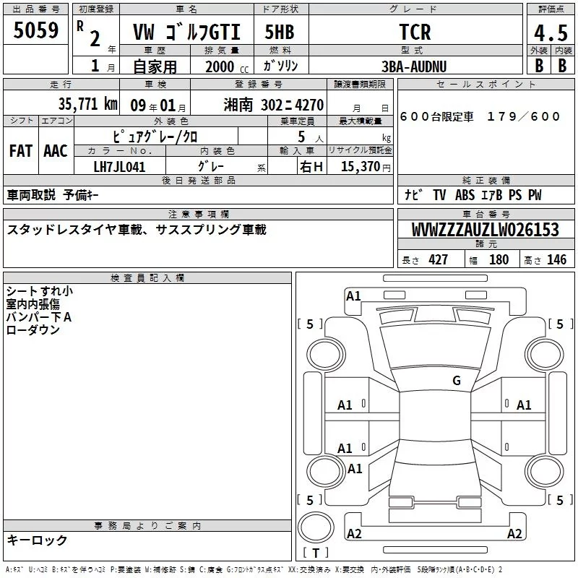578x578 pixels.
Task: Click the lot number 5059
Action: (x=35, y=30)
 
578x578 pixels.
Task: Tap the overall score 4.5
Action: (x=551, y=33)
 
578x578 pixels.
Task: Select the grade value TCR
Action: (x=415, y=32)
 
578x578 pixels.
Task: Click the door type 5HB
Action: (x=280, y=32)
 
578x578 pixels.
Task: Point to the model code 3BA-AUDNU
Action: (x=414, y=66)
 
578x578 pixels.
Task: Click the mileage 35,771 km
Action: (x=87, y=104)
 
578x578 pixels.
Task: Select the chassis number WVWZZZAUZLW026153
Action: (x=485, y=230)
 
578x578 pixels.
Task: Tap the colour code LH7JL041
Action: (x=119, y=167)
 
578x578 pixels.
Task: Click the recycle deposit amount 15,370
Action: (x=360, y=167)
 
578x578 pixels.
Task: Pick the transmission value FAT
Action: (x=21, y=151)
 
